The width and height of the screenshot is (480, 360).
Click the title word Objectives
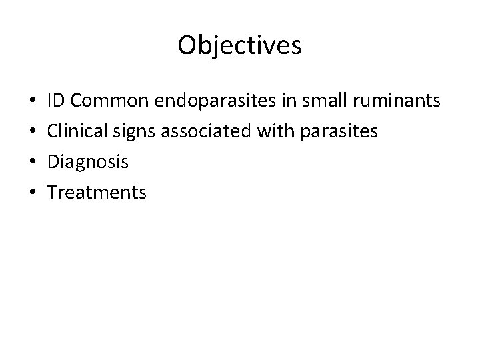pyautogui.click(x=240, y=45)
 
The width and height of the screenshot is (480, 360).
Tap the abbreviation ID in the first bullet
pyautogui.click(x=56, y=101)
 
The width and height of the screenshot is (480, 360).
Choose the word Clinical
pyautogui.click(x=77, y=131)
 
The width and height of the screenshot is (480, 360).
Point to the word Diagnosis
pyautogui.click(x=88, y=162)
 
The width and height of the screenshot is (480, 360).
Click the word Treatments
pyautogui.click(x=97, y=193)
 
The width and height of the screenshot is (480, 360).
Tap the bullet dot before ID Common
pyautogui.click(x=33, y=102)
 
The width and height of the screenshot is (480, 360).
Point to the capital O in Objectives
pyautogui.click(x=187, y=45)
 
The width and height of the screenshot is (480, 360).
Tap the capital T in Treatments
pyautogui.click(x=53, y=193)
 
